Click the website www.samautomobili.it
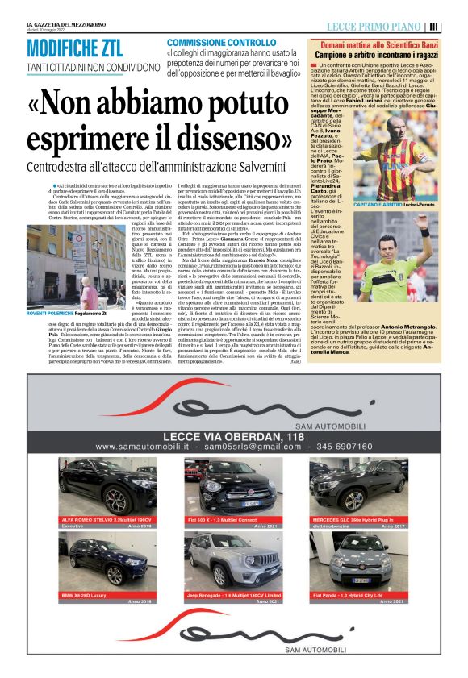141,446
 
